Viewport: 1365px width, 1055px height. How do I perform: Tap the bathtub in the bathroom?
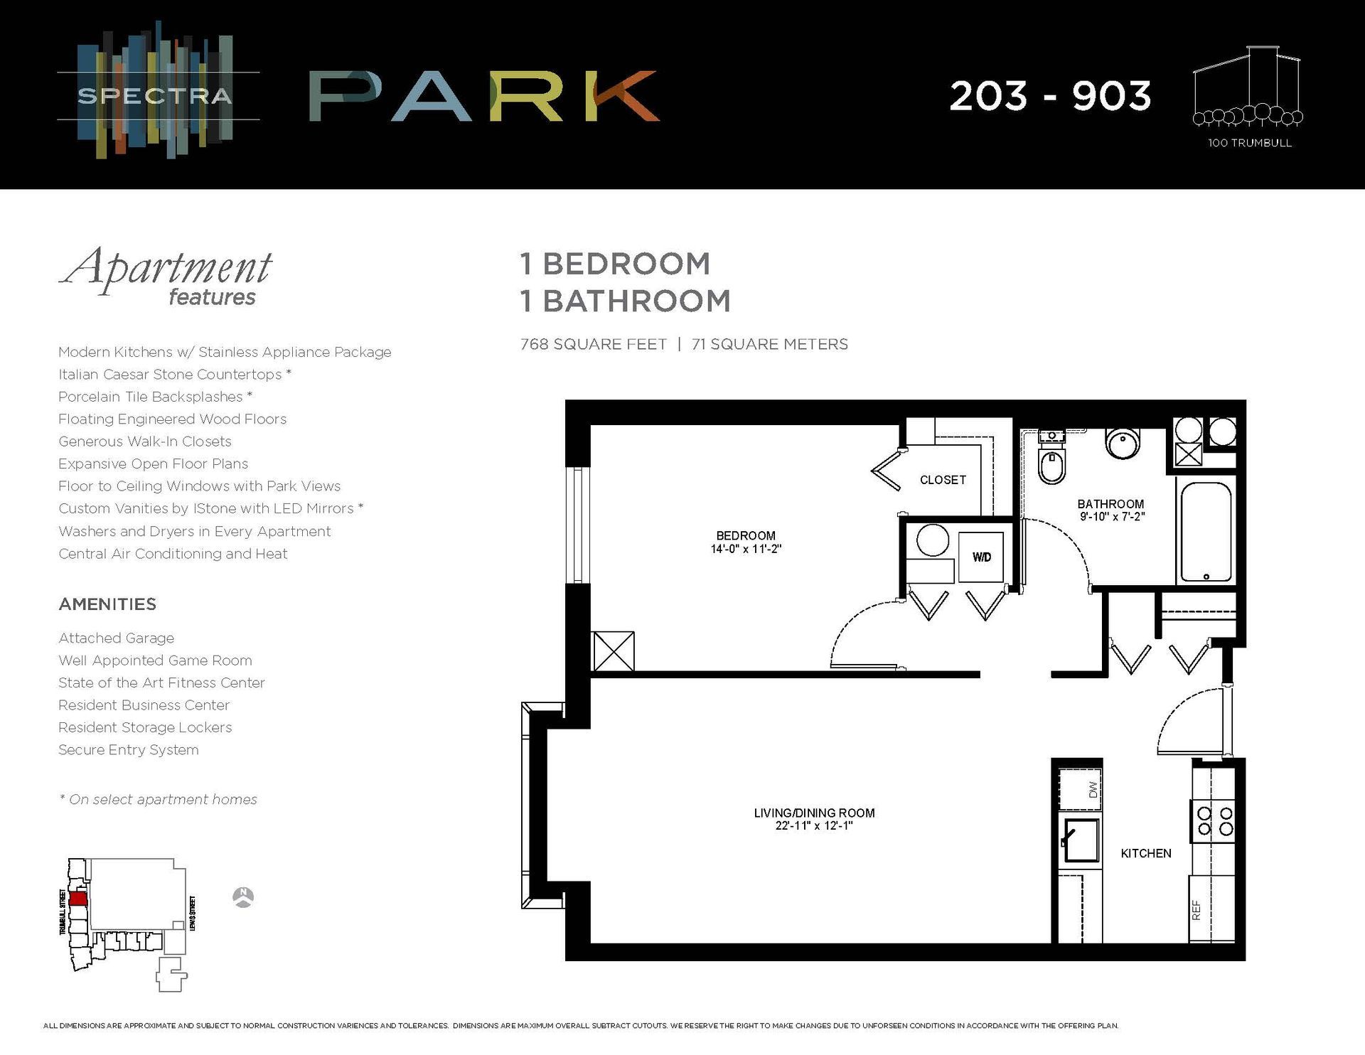[x=1206, y=532]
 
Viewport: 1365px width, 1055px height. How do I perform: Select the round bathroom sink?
[x=1123, y=442]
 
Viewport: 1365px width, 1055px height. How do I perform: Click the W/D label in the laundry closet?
[x=982, y=557]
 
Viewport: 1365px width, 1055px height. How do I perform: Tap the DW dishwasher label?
[x=1093, y=788]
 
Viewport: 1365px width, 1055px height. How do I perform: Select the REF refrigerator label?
[x=1196, y=910]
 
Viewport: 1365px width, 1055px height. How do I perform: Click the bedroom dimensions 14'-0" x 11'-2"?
[x=746, y=549]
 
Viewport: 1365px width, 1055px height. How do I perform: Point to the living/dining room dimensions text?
[x=814, y=826]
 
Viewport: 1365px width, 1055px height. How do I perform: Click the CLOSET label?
[x=943, y=481]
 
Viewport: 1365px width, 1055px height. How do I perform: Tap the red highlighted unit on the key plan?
[x=79, y=898]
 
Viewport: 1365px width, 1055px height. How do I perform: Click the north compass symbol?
[x=243, y=897]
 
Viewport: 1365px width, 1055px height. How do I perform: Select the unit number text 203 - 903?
[x=1049, y=96]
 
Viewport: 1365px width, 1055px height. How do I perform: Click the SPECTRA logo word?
[x=155, y=96]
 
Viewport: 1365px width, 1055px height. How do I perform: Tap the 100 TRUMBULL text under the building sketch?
[x=1249, y=143]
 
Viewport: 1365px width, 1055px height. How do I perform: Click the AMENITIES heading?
[x=107, y=604]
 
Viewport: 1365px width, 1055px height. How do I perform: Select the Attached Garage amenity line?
[x=116, y=638]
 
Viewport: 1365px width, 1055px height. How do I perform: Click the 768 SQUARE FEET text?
[x=594, y=345]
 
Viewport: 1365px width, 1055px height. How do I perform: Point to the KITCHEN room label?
[x=1145, y=854]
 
